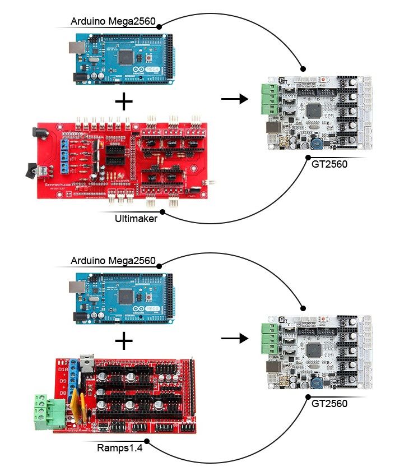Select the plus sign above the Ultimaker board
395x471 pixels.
point(123,101)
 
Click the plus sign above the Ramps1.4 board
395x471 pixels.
point(123,341)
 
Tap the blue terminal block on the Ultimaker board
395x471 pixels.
point(64,157)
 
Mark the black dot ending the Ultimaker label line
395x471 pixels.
point(162,212)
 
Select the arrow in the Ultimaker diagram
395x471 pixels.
point(235,100)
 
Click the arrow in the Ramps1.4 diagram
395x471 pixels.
point(235,339)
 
